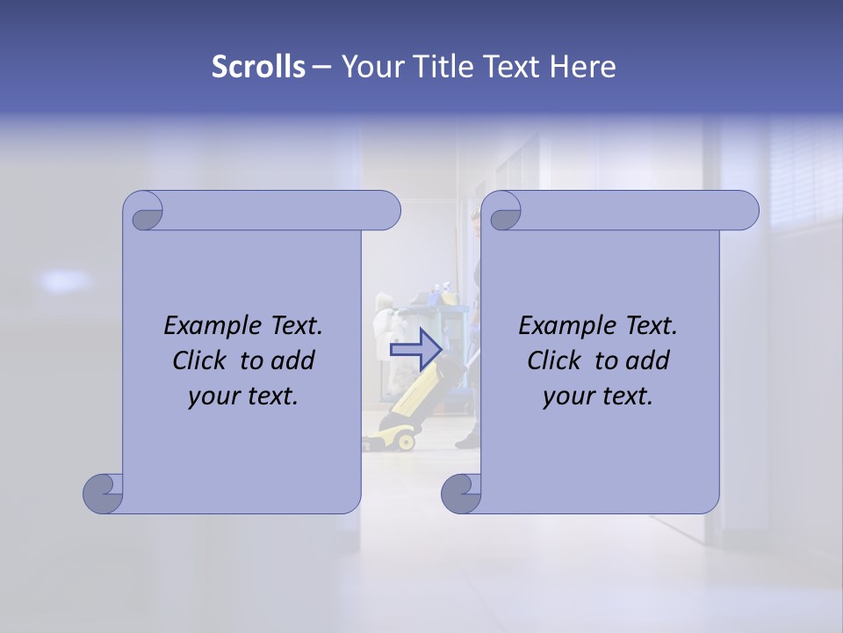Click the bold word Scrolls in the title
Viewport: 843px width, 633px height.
point(259,67)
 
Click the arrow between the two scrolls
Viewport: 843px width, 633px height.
point(415,348)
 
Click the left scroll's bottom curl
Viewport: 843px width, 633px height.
point(104,493)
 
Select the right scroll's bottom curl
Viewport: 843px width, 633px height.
point(461,493)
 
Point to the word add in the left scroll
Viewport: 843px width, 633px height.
point(294,360)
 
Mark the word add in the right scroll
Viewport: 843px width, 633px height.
point(649,360)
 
